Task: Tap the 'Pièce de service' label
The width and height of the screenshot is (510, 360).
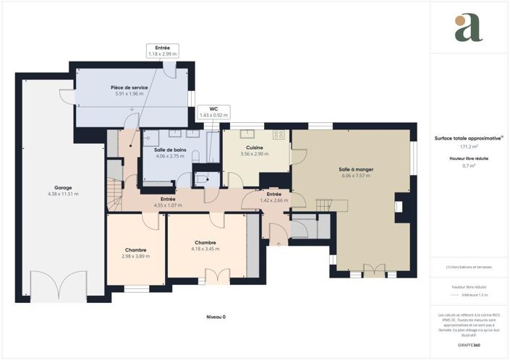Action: [x=129, y=87]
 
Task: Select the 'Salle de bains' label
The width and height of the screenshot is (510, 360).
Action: [x=170, y=149]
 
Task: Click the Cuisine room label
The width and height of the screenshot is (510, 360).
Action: [x=253, y=147]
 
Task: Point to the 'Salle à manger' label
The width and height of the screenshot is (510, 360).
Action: [x=355, y=169]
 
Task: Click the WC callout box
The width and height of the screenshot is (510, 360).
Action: [x=213, y=112]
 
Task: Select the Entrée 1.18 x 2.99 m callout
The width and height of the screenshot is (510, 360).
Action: [x=162, y=50]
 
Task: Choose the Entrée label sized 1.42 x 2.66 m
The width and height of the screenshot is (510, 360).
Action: [x=273, y=194]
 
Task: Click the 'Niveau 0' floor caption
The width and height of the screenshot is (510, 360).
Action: [x=215, y=317]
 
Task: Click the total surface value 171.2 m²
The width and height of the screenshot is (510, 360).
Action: [x=459, y=147]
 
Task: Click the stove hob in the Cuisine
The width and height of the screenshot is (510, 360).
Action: [x=279, y=134]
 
